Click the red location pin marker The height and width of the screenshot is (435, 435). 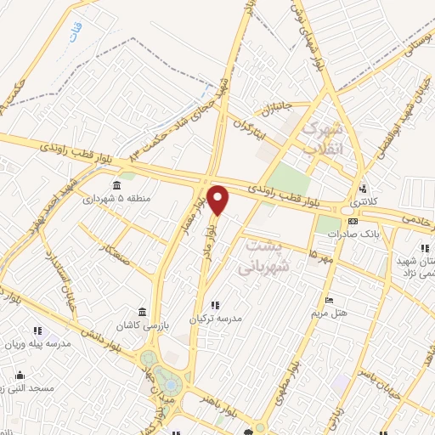coord(218,201)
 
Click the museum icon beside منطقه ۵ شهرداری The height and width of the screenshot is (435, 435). coord(116,186)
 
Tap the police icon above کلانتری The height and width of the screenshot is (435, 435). coord(364,189)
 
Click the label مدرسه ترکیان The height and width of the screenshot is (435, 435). coord(215,318)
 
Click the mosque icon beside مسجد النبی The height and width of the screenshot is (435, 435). coord(16,374)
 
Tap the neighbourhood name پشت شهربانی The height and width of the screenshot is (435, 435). coord(268,256)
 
